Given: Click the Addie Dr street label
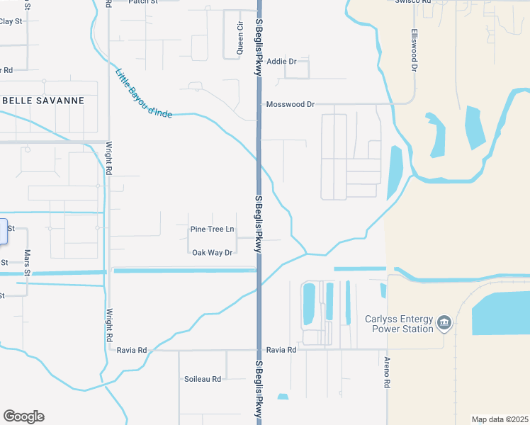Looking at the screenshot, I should (x=281, y=62).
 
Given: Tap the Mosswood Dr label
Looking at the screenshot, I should (x=290, y=104).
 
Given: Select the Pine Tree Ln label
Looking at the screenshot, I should (x=212, y=229).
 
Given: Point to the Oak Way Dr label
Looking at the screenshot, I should (x=212, y=252).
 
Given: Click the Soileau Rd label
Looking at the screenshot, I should (x=202, y=379).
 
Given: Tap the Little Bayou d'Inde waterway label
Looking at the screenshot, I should (x=143, y=93).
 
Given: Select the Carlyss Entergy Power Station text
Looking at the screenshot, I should (x=399, y=324).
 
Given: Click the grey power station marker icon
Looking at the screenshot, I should (x=444, y=323).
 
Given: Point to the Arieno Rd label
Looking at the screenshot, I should (x=388, y=372).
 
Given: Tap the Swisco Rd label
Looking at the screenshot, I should (x=413, y=2).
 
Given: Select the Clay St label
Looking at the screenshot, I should (x=11, y=21).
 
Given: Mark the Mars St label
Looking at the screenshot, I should (x=28, y=262).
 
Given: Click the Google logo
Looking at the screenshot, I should (x=23, y=416).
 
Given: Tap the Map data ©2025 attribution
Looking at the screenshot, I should (x=500, y=419).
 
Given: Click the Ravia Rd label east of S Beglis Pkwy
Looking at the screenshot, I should (x=280, y=350).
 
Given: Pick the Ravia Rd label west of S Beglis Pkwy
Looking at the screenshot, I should (x=132, y=350).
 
